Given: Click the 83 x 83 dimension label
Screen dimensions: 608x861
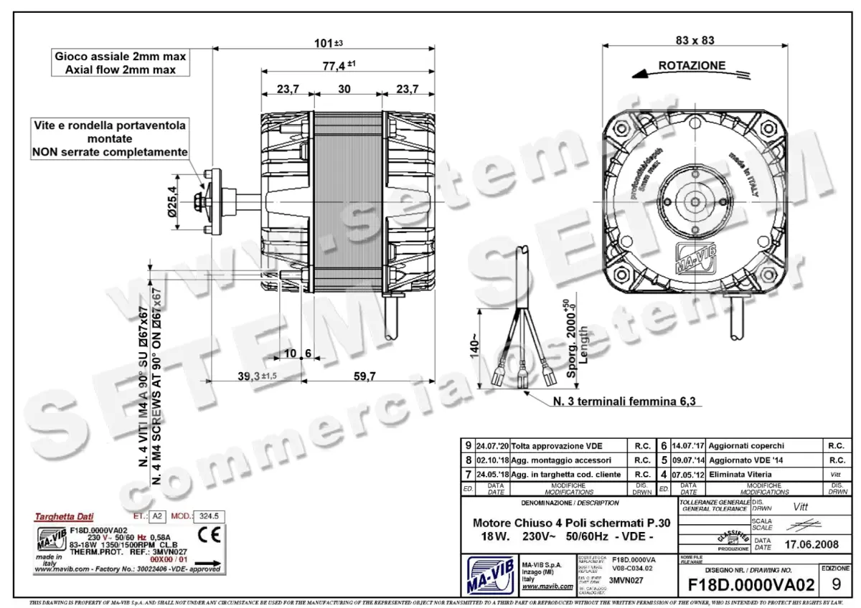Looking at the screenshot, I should coord(694,40).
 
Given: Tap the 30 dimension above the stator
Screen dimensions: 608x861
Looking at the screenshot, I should coord(345,89).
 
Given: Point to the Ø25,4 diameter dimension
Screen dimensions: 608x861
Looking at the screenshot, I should coord(172,202).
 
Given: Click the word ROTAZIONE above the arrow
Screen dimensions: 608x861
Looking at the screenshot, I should coord(692,65).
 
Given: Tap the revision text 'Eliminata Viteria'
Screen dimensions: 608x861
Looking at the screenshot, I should coord(730,474).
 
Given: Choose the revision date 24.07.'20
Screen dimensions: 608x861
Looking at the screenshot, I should coord(491,445).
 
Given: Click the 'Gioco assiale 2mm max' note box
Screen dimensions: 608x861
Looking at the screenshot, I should coord(121,62).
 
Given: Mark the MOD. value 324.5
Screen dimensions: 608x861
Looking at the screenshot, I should coord(210,516).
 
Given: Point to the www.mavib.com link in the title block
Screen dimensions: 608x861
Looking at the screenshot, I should coord(547,586).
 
